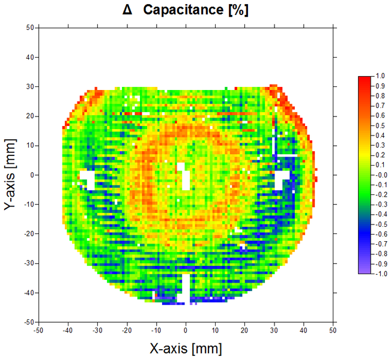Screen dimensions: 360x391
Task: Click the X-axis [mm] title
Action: [186, 348]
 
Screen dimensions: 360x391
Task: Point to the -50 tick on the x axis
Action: [38, 330]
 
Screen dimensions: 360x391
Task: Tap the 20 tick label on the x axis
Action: [244, 330]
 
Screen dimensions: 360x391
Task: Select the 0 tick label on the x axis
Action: [186, 330]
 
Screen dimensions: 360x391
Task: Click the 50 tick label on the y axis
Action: [28, 28]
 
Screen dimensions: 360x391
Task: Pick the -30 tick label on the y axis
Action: [26, 263]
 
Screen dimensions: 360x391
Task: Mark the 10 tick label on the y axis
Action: [28, 145]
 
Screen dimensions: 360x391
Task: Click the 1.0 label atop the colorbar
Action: [380, 77]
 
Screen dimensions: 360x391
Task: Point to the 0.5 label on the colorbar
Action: [380, 125]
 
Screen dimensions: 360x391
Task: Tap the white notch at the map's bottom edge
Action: [187, 288]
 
